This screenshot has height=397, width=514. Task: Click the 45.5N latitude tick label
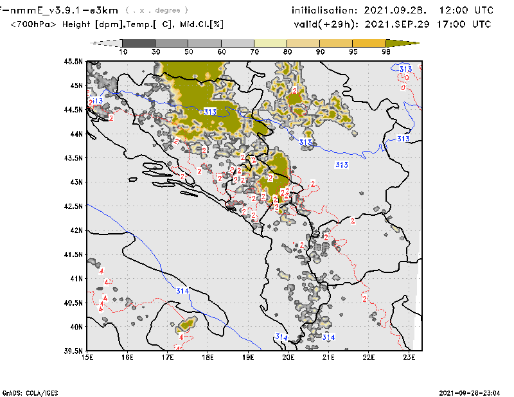(74, 62)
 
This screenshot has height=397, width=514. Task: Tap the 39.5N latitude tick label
(74, 351)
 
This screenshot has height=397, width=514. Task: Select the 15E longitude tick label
(87, 357)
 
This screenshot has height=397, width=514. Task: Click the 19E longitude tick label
(248, 357)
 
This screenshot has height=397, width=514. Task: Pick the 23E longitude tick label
(409, 357)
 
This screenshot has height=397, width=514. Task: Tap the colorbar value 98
(387, 51)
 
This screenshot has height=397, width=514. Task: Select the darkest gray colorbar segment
(136, 42)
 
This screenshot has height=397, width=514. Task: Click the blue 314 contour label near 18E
(182, 291)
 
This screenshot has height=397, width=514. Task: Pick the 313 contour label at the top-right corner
(405, 69)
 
